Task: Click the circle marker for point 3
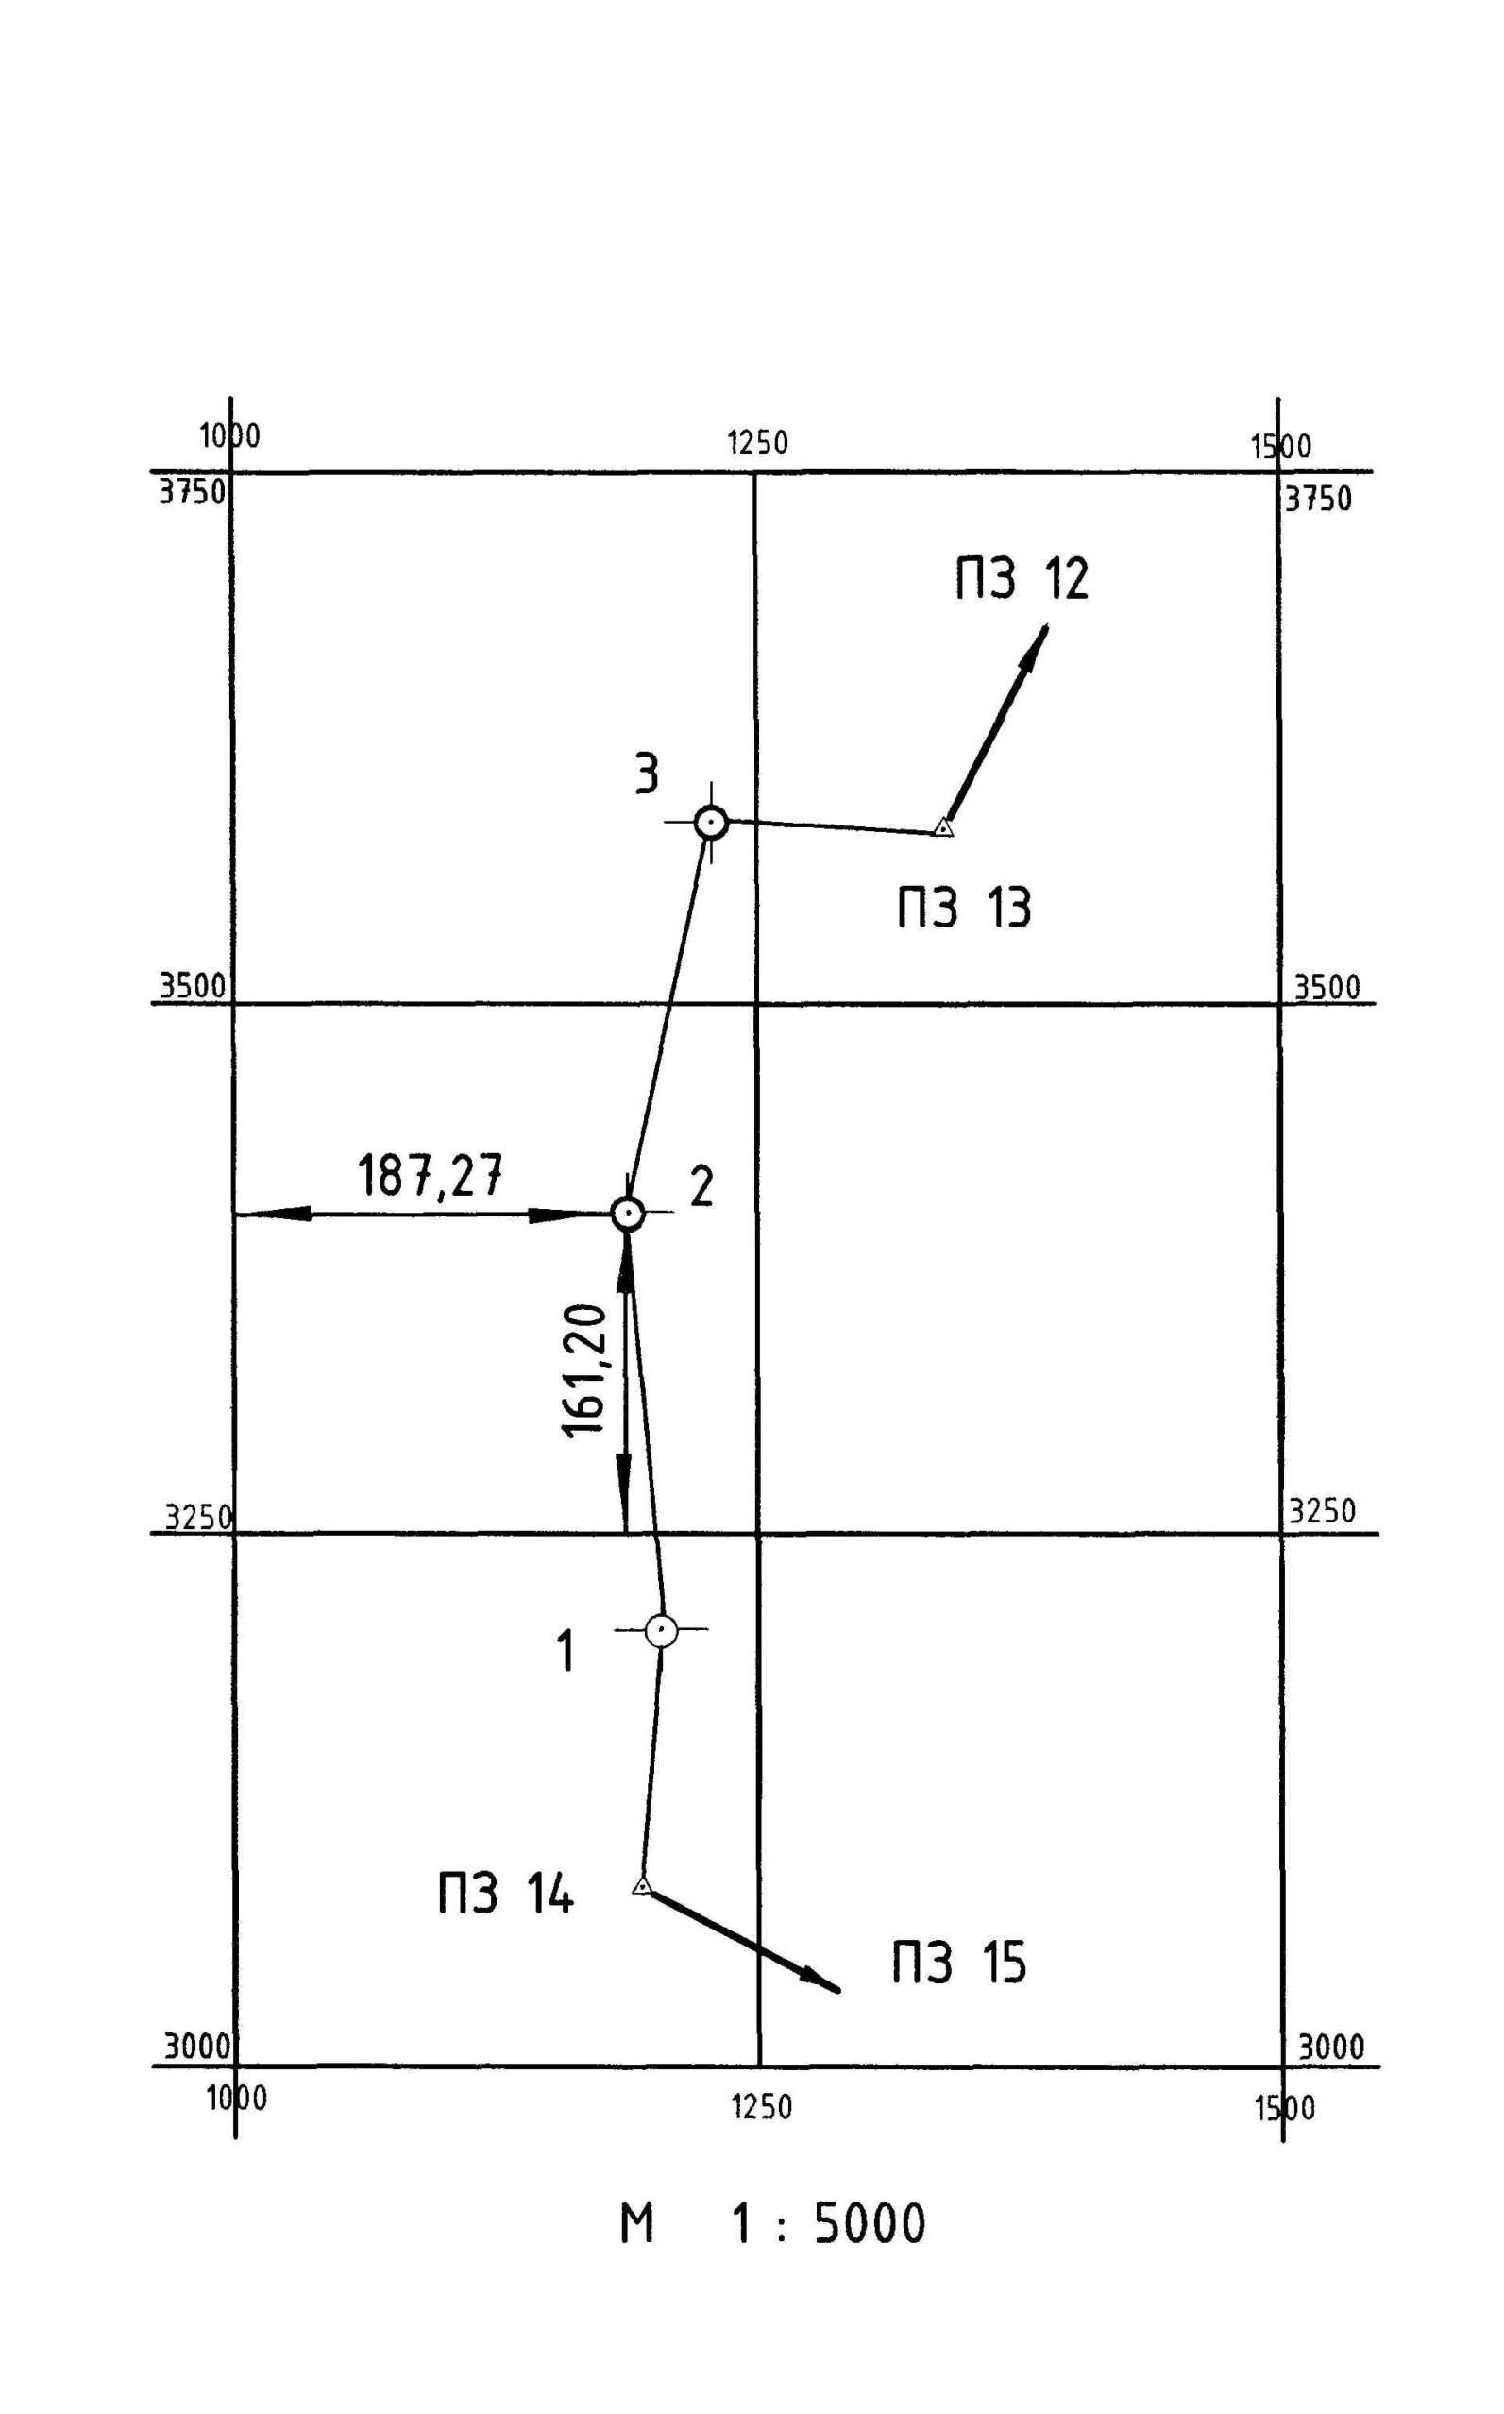(710, 823)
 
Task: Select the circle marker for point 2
(628, 1213)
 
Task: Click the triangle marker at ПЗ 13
(943, 828)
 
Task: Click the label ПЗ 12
(1022, 579)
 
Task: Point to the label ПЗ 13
(964, 908)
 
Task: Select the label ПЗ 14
(505, 1894)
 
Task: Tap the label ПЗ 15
(958, 1963)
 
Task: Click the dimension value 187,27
(430, 1176)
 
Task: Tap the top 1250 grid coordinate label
(758, 444)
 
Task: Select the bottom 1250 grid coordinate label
(761, 2107)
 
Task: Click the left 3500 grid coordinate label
(193, 986)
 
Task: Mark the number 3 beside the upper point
(647, 773)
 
